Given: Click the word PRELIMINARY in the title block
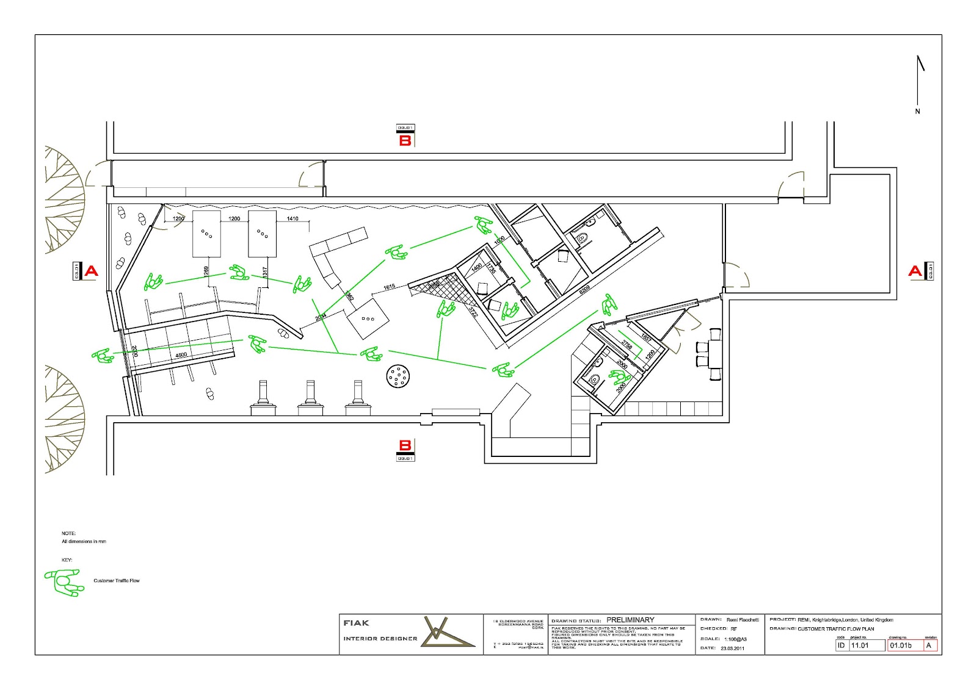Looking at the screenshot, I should [630, 620].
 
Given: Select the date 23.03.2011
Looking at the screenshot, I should [733, 648].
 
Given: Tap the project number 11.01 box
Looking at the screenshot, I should [866, 645].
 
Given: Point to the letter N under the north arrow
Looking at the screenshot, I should [917, 112].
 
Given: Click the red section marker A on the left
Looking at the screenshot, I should [91, 271].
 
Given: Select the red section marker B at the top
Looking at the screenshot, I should [405, 140].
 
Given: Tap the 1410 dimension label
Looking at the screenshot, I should [292, 218].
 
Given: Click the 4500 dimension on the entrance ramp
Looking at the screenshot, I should [181, 355].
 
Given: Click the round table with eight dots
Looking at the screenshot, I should [398, 376].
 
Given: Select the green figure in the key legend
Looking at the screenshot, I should [63, 582].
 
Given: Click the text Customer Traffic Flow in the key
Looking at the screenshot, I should [116, 581].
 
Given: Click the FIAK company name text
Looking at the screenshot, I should [356, 623].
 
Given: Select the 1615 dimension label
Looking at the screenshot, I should [389, 287].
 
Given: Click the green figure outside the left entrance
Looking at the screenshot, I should [103, 355].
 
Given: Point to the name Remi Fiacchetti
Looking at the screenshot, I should [743, 620].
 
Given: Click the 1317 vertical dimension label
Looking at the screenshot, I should [265, 271].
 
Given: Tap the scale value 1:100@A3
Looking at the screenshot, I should [735, 639].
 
